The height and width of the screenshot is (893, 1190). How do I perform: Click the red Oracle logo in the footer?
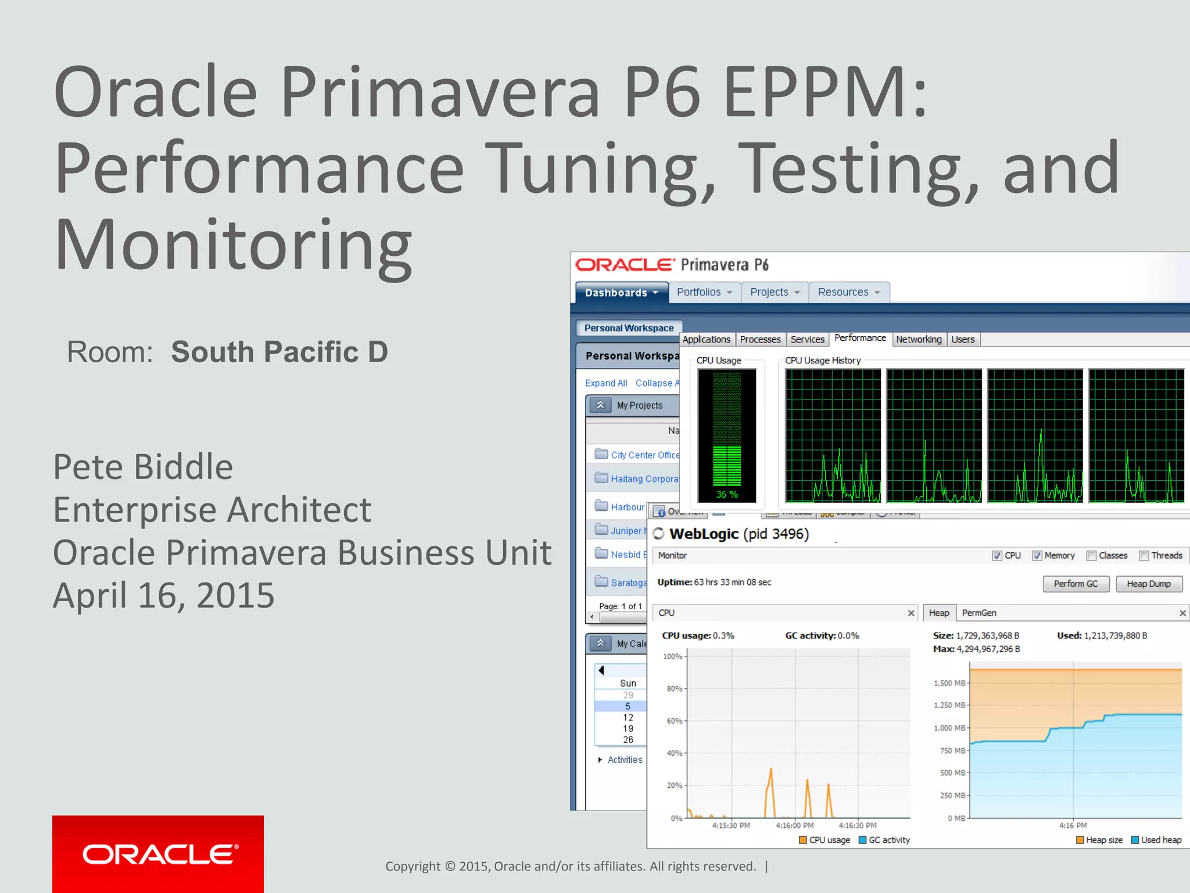pyautogui.click(x=158, y=854)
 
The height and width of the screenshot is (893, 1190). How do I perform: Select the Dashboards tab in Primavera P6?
pyautogui.click(x=621, y=292)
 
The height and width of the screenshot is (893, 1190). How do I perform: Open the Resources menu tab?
pyautogui.click(x=848, y=292)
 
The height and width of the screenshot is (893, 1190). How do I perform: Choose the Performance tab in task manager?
pyautogui.click(x=859, y=338)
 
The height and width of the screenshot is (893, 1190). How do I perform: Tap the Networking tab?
pyautogui.click(x=918, y=340)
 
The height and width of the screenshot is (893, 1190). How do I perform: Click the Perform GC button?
pyautogui.click(x=1076, y=584)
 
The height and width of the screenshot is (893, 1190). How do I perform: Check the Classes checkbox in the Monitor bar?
pyautogui.click(x=1091, y=556)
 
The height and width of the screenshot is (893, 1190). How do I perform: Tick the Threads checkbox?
pyautogui.click(x=1144, y=556)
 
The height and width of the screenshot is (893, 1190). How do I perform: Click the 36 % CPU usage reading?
pyautogui.click(x=726, y=494)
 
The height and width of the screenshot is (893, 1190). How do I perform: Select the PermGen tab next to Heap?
pyautogui.click(x=978, y=613)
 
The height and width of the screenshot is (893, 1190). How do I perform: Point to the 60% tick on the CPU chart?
pyautogui.click(x=674, y=721)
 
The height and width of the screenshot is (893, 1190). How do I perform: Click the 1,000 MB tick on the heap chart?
pyautogui.click(x=949, y=728)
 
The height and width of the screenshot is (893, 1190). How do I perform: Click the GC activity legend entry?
pyautogui.click(x=884, y=840)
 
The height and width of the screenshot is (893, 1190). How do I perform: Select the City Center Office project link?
pyautogui.click(x=644, y=455)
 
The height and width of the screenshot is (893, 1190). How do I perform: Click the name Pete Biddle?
pyautogui.click(x=143, y=467)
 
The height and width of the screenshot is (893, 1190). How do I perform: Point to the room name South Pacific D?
pyautogui.click(x=279, y=352)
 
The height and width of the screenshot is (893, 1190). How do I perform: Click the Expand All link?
pyautogui.click(x=606, y=383)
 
